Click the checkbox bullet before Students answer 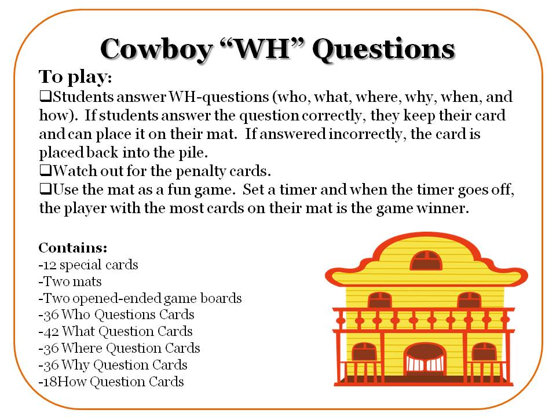click(x=44, y=96)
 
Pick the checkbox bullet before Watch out click(x=44, y=172)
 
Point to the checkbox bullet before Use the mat click(x=44, y=190)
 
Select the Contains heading click(x=73, y=248)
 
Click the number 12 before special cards click(x=49, y=265)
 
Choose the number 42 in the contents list click(x=50, y=332)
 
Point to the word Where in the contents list click(x=82, y=349)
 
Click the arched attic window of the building click(x=426, y=261)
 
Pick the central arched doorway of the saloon click(x=425, y=359)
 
